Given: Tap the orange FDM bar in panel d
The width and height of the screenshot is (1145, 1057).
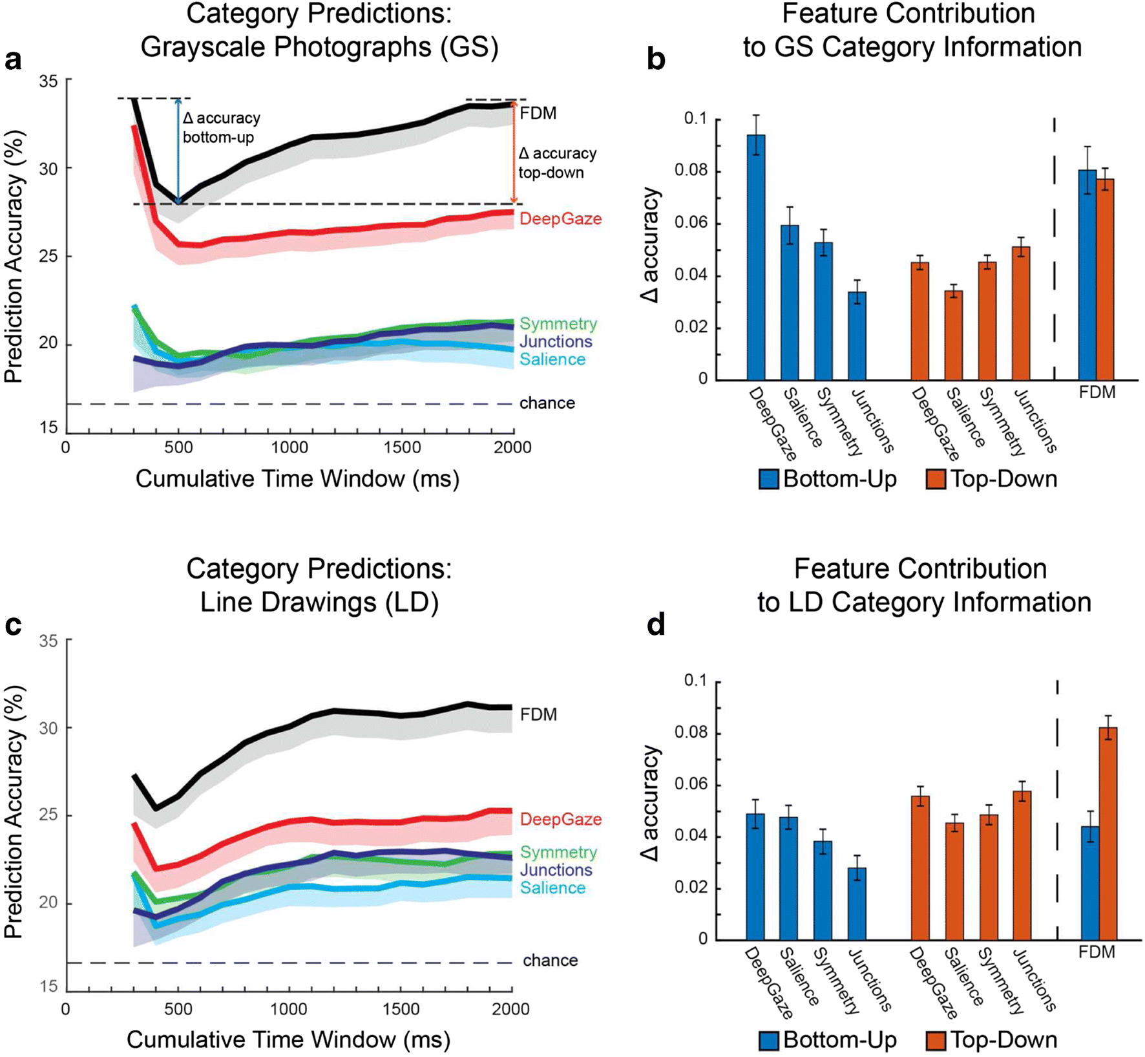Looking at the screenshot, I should pyautogui.click(x=1108, y=834).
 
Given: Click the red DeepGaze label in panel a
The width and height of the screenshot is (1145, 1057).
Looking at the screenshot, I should pyautogui.click(x=560, y=219).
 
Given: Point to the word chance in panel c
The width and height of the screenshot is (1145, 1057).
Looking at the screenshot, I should pyautogui.click(x=550, y=961).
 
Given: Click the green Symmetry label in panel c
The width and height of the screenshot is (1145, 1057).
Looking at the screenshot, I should pyautogui.click(x=558, y=853).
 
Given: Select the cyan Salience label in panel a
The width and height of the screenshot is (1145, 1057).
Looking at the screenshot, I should pyautogui.click(x=552, y=359).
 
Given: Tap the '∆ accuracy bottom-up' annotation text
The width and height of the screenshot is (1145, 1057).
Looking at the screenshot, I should pyautogui.click(x=221, y=127).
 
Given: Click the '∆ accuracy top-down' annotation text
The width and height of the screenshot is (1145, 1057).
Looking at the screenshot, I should pyautogui.click(x=557, y=163).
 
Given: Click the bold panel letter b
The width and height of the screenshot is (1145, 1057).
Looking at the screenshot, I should pyautogui.click(x=656, y=59).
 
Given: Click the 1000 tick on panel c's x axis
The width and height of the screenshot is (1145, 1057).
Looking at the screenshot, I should pyautogui.click(x=288, y=1009).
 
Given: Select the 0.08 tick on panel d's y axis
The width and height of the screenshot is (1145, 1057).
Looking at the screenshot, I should pyautogui.click(x=691, y=733).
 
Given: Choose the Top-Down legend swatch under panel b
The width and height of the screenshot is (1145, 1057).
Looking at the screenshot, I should pyautogui.click(x=936, y=480).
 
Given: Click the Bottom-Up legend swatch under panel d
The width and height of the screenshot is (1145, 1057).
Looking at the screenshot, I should pyautogui.click(x=769, y=1040).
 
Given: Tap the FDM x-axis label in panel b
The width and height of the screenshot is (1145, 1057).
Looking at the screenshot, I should pyautogui.click(x=1097, y=392).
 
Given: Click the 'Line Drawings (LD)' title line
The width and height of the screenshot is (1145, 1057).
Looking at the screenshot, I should pyautogui.click(x=319, y=602).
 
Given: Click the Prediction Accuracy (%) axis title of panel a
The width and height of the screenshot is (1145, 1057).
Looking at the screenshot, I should pyautogui.click(x=14, y=257).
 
